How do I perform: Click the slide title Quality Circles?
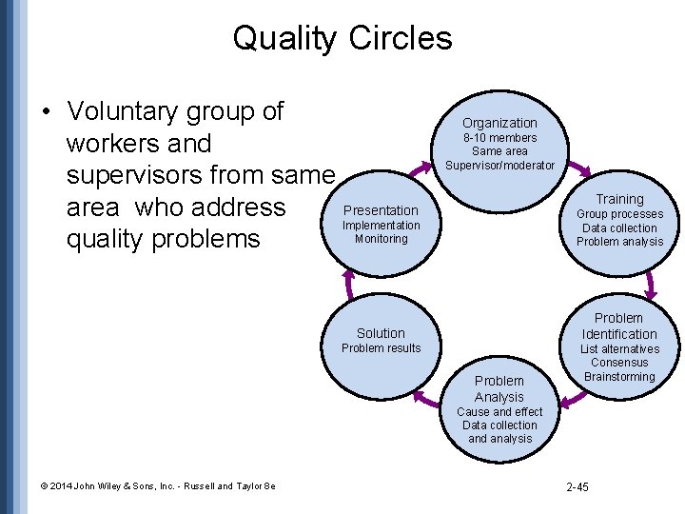click(x=342, y=38)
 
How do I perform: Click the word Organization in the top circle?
click(x=499, y=123)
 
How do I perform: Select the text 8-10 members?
click(x=499, y=138)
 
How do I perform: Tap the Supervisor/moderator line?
click(x=499, y=166)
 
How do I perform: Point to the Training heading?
click(x=619, y=199)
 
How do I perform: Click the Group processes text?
click(x=619, y=214)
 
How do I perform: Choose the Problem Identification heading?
click(x=619, y=326)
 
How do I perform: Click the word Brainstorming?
click(x=619, y=377)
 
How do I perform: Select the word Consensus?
click(x=619, y=363)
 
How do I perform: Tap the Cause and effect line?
click(x=499, y=412)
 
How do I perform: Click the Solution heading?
click(x=381, y=333)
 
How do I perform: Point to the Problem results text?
click(x=381, y=348)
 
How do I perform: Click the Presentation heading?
click(x=381, y=210)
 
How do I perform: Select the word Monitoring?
click(x=381, y=239)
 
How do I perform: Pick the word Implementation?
click(x=381, y=226)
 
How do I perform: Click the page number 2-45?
click(x=577, y=487)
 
